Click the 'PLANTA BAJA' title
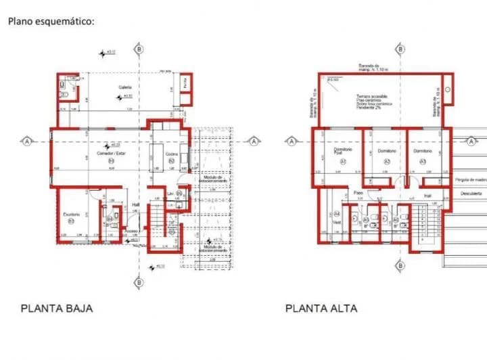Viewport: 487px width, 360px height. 57,309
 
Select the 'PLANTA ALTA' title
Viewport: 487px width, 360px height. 321,309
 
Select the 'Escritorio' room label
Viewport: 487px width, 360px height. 72,215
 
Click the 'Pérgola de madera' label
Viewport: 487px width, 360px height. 471,180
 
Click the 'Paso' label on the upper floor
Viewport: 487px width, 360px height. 358,193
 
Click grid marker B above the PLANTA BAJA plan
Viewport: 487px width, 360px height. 139,49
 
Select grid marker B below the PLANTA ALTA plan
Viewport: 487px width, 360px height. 403,282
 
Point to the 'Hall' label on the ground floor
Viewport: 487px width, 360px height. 135,204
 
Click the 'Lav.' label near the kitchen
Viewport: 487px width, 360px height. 170,194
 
